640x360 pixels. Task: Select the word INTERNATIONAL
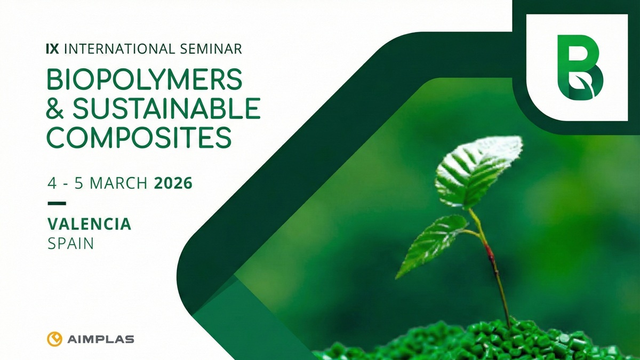click(x=117, y=49)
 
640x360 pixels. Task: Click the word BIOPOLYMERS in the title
click(x=145, y=80)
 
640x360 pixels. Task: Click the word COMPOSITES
click(x=139, y=137)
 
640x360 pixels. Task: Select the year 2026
click(x=173, y=184)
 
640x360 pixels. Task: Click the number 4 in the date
click(x=52, y=184)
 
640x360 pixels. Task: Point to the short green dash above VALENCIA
click(x=57, y=203)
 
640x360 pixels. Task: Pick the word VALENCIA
click(x=89, y=223)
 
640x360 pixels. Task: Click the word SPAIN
click(x=70, y=244)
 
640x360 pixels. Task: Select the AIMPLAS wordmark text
click(x=101, y=339)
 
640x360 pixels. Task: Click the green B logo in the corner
click(x=578, y=67)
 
